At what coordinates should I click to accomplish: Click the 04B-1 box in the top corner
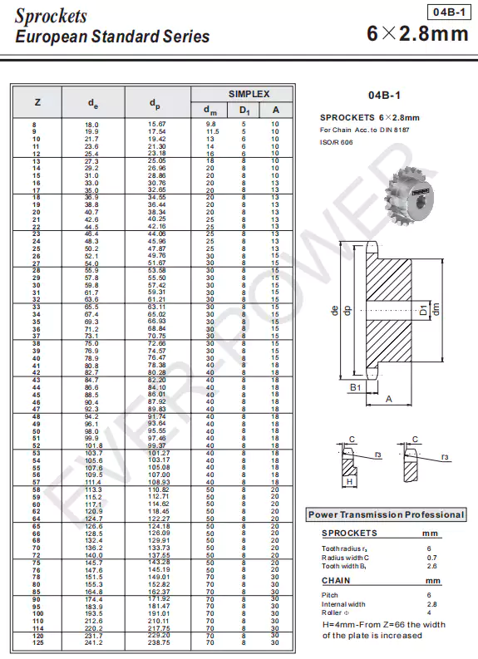tap(450, 12)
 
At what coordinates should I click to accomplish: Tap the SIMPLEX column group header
tap(242, 94)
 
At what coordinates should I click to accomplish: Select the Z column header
tap(37, 102)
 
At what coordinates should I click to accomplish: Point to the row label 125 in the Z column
tap(37, 643)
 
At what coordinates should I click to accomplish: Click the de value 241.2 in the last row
tap(93, 643)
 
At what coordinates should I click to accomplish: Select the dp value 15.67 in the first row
tap(156, 124)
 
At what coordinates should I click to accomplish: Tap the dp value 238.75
tap(158, 643)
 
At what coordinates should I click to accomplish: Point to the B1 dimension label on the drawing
tap(354, 387)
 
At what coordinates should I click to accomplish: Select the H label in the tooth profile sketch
tap(350, 481)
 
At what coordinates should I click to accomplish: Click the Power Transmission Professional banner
tap(386, 514)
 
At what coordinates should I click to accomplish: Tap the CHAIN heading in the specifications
tap(337, 581)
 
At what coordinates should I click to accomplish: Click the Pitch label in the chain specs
tap(329, 595)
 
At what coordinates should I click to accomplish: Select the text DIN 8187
tap(395, 130)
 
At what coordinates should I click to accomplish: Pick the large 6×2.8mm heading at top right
tap(417, 34)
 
